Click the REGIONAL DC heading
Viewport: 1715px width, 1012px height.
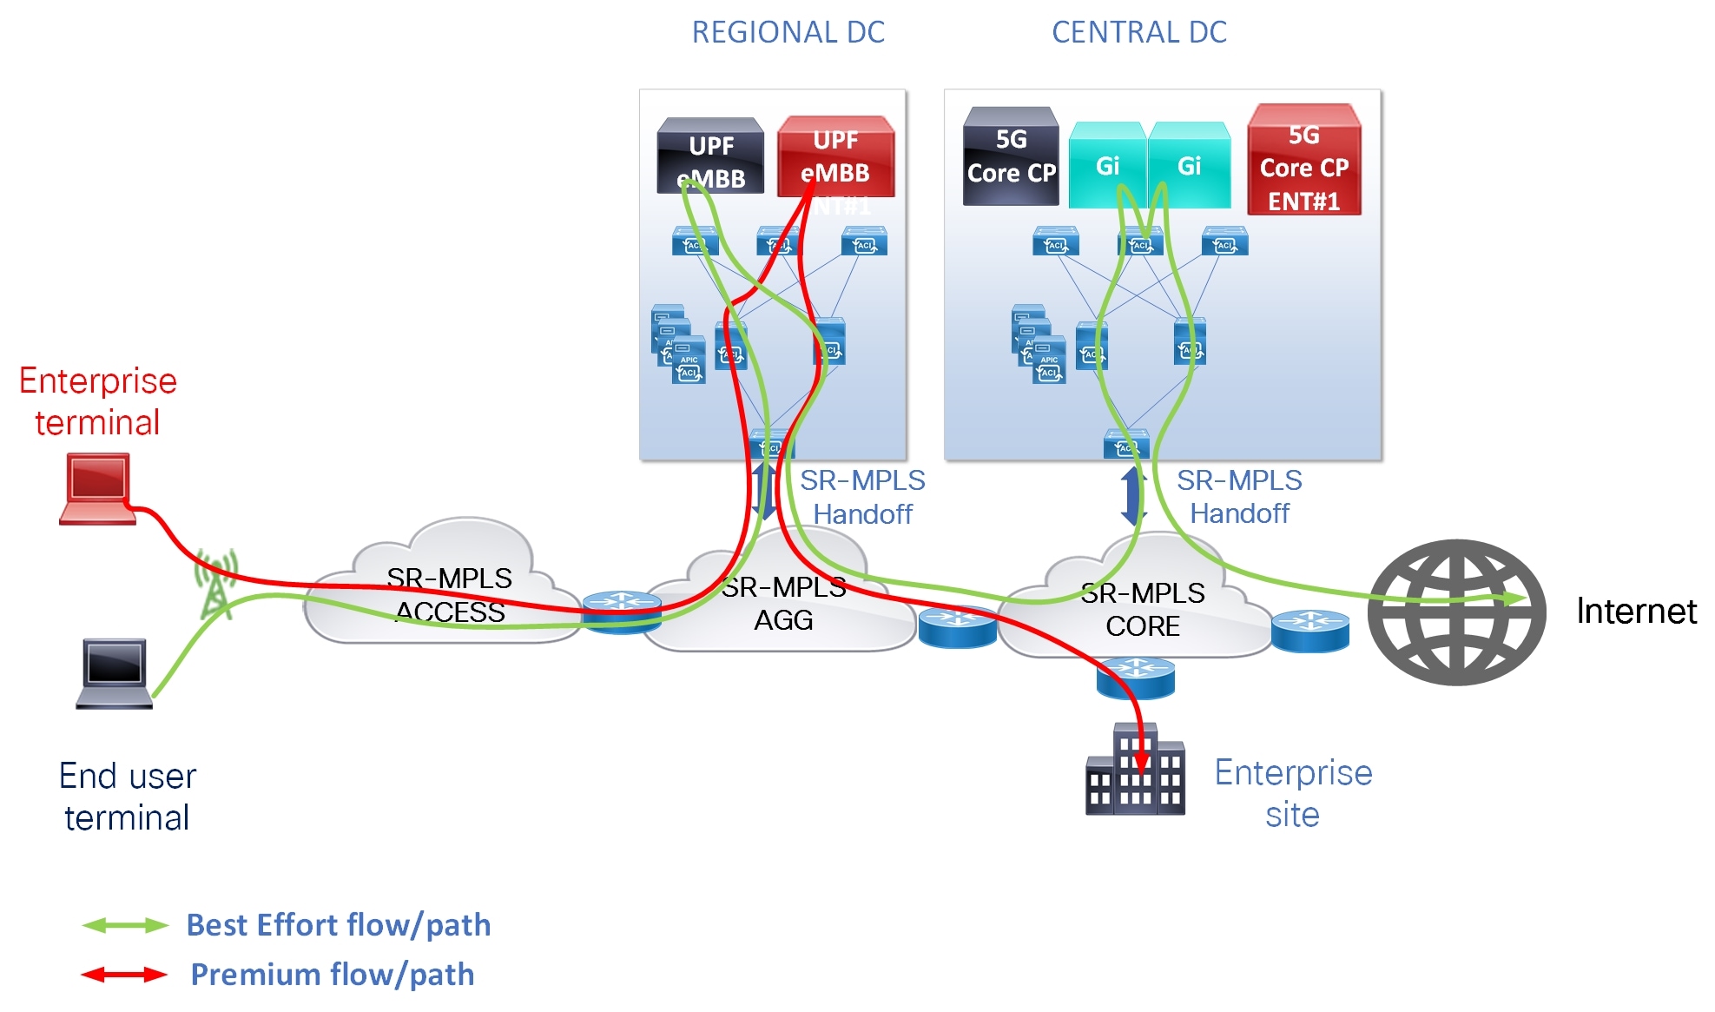click(x=788, y=32)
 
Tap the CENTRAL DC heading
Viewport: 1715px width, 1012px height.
click(x=1138, y=32)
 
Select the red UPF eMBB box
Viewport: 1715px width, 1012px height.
click(x=835, y=157)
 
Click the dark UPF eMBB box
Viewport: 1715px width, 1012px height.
click(x=710, y=157)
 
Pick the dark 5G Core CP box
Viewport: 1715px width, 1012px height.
click(x=1011, y=157)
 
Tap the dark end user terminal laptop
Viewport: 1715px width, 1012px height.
click(x=115, y=674)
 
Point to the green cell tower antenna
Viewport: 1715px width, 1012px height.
click(x=216, y=584)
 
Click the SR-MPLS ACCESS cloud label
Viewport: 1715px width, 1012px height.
click(x=449, y=595)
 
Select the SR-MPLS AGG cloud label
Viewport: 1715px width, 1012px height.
click(x=783, y=604)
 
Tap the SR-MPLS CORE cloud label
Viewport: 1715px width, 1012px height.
click(x=1142, y=610)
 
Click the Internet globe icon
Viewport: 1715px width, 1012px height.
click(x=1456, y=612)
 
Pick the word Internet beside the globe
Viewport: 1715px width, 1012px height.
click(x=1635, y=612)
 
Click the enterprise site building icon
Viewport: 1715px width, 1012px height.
click(x=1135, y=771)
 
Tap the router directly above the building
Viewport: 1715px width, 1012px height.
click(x=1135, y=678)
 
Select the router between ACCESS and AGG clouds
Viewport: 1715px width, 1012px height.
click(x=622, y=611)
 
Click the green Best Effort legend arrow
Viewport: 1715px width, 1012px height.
click(x=124, y=925)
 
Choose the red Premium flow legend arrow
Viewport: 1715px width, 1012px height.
click(x=124, y=975)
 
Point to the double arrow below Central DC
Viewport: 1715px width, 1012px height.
click(x=1132, y=496)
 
